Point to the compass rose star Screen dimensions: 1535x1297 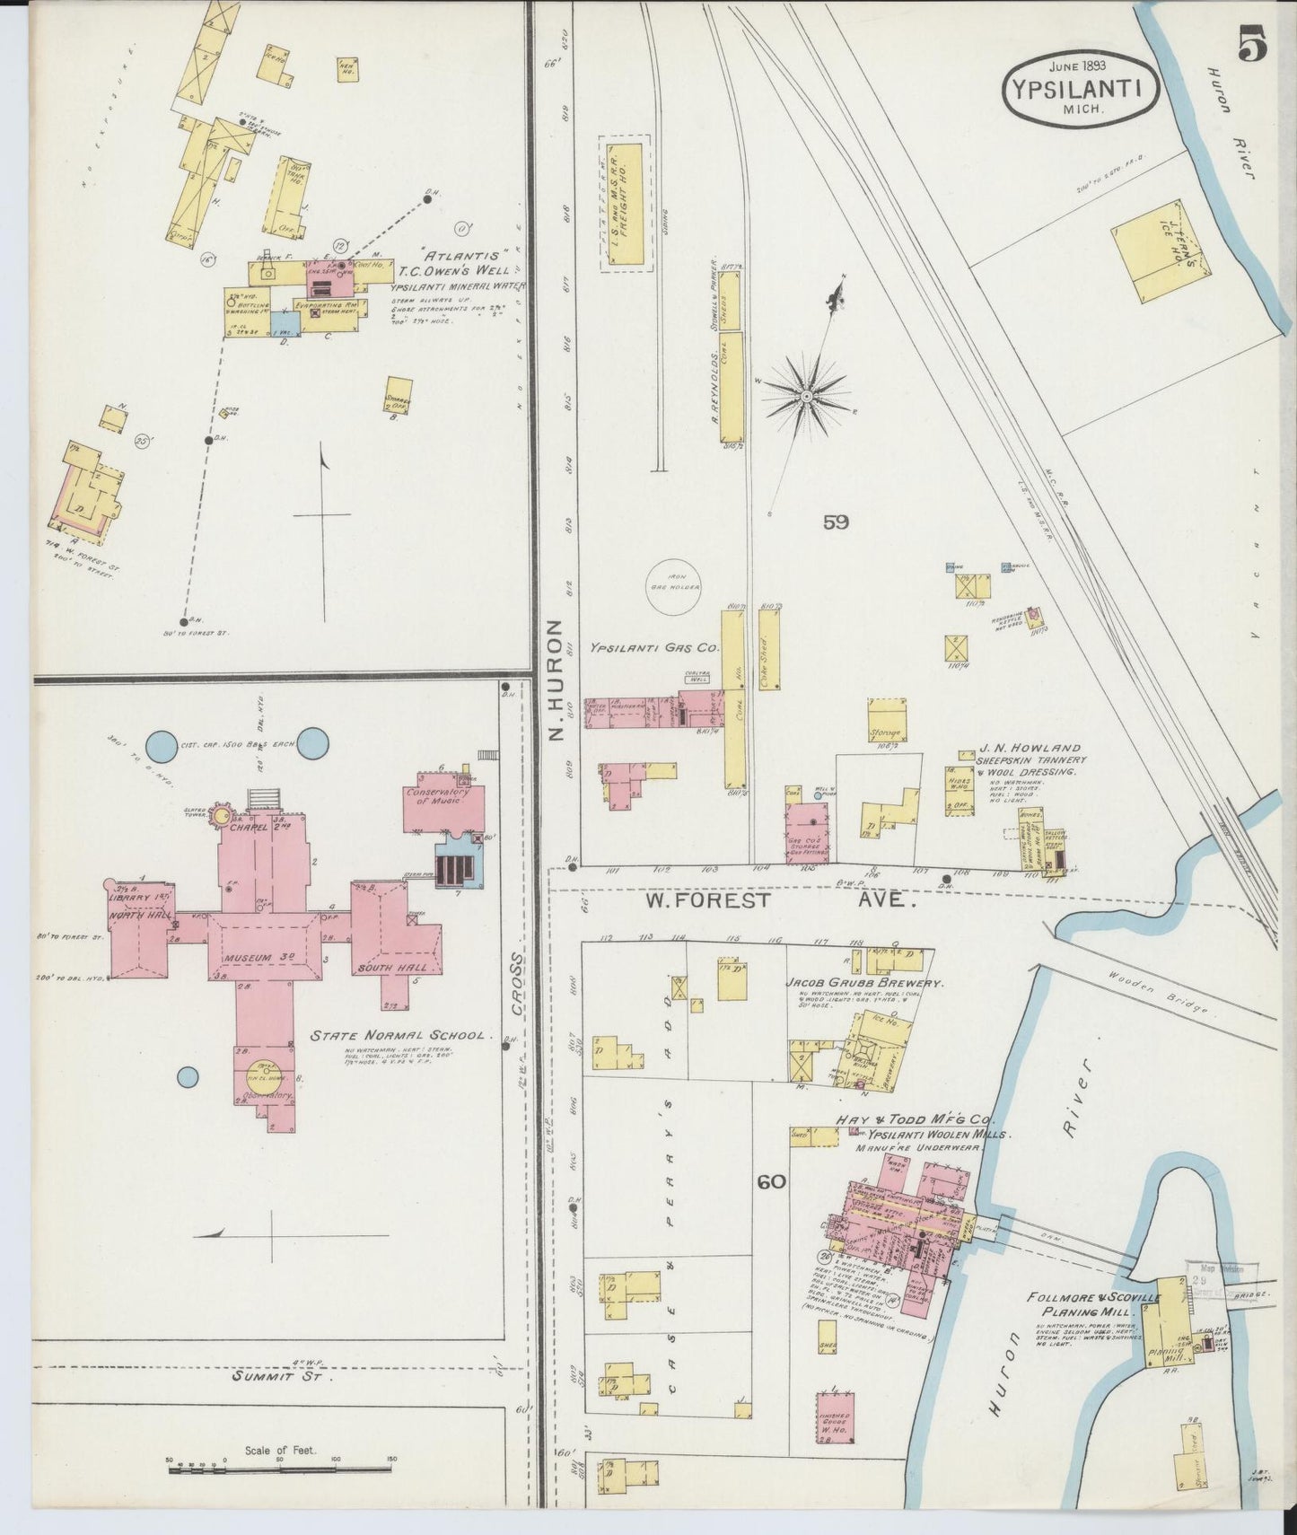(806, 394)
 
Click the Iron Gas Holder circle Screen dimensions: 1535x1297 (674, 588)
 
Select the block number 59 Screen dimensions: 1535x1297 (835, 522)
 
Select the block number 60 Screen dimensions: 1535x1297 (771, 1182)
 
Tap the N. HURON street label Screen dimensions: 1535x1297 (556, 680)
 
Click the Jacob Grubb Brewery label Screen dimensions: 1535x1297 (864, 983)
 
